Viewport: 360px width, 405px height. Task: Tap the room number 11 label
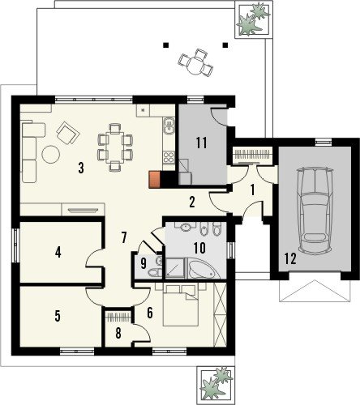(x=202, y=143)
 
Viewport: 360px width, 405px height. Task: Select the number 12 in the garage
(x=290, y=258)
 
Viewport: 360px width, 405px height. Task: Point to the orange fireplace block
(x=155, y=180)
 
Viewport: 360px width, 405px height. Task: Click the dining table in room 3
(x=115, y=147)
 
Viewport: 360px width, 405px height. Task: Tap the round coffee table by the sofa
(x=51, y=155)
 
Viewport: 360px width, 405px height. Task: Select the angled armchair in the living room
(x=68, y=133)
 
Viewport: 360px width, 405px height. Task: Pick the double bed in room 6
(x=181, y=305)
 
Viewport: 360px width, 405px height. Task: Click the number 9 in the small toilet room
(x=144, y=263)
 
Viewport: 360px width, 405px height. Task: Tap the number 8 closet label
(x=118, y=333)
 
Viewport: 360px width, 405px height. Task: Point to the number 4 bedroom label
(x=58, y=253)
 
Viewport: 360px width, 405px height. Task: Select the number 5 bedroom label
(x=58, y=316)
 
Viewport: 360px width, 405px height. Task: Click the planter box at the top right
(x=253, y=19)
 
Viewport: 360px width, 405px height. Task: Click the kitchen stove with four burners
(x=169, y=157)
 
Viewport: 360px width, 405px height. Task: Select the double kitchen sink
(x=169, y=126)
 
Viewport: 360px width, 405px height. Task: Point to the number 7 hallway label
(x=124, y=237)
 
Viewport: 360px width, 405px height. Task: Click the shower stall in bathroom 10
(x=175, y=268)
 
